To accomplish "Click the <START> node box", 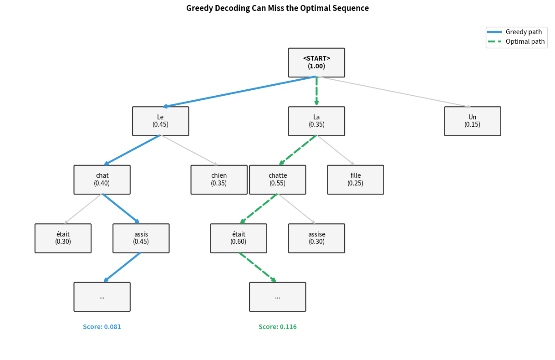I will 316,62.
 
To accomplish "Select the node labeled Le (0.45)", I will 160,121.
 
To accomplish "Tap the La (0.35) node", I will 316,121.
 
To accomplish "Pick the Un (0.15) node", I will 472,121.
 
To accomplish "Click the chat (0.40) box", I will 102,180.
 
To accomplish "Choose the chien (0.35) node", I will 219,180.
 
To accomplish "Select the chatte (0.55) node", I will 277,180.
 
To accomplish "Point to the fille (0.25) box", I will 355,180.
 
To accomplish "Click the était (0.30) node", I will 63,238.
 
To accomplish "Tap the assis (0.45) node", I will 141,238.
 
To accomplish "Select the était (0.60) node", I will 238,238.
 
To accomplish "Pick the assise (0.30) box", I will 316,238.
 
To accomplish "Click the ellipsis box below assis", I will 102,297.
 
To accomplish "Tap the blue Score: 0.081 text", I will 102,327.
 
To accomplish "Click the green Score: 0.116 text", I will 277,327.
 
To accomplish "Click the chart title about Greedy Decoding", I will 277,8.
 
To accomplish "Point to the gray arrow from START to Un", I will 394,92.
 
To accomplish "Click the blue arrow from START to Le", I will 239,92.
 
